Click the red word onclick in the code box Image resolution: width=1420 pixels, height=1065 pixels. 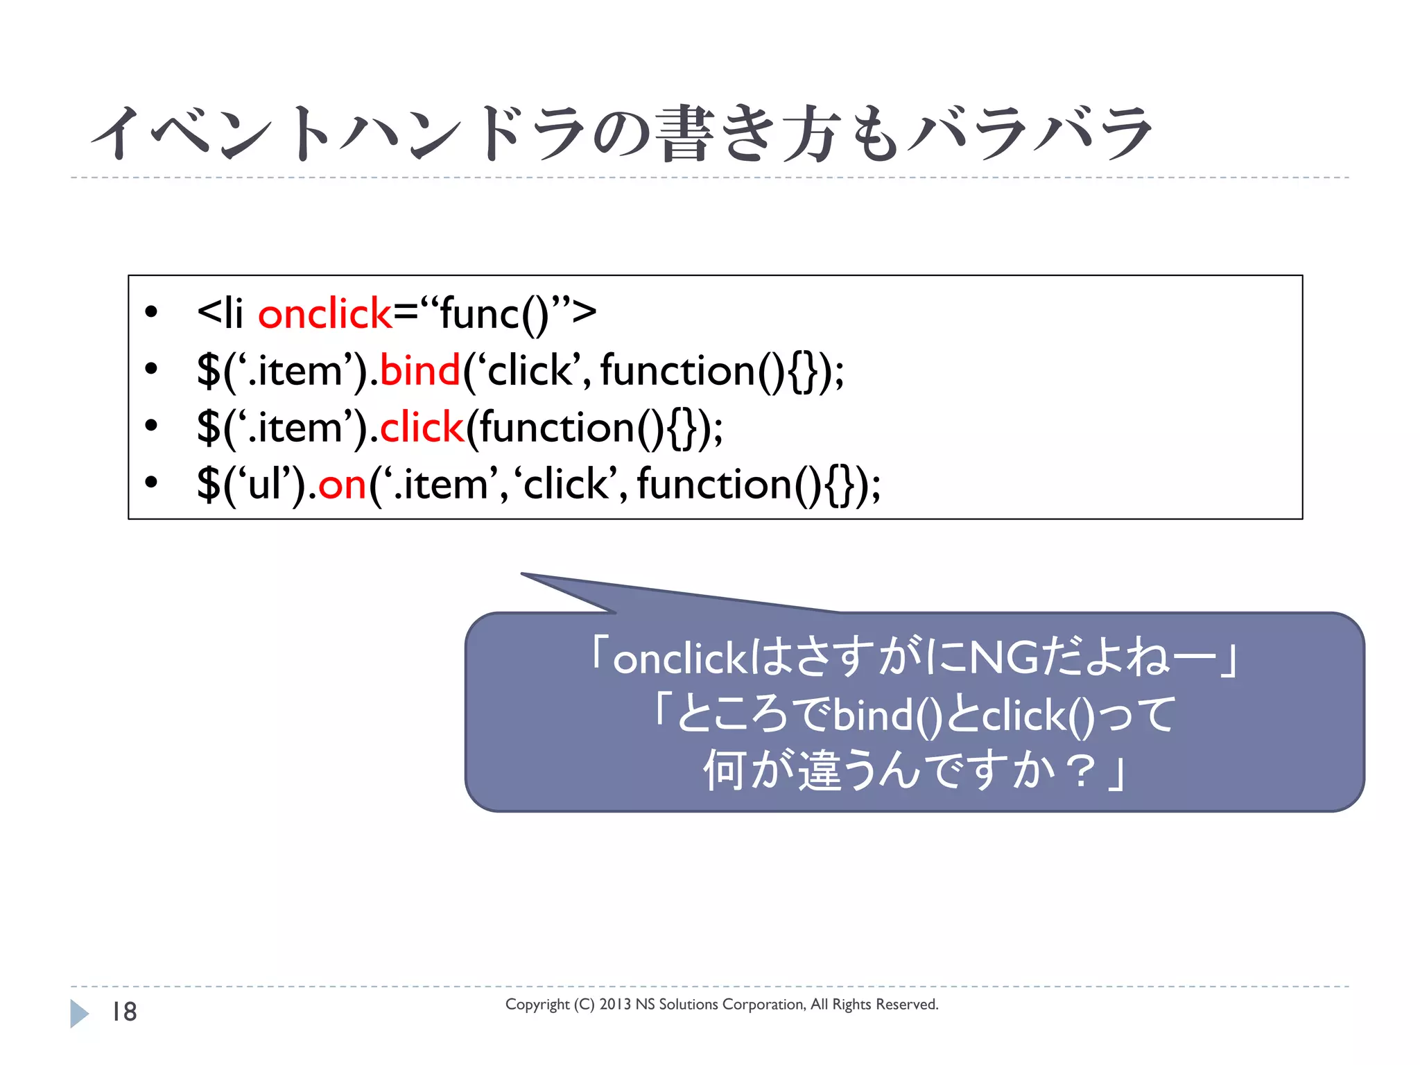[x=324, y=314]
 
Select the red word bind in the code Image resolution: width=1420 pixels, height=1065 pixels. [x=419, y=371]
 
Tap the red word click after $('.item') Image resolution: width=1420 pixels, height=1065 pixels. [x=421, y=428]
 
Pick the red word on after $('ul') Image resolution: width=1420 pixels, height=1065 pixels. [x=342, y=485]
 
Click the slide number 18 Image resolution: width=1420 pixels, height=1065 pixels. [x=125, y=1012]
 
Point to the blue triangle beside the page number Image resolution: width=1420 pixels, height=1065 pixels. [x=79, y=1013]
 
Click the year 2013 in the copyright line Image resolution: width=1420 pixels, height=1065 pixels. [x=615, y=1004]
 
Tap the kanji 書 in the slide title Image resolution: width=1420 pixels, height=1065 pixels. [x=684, y=134]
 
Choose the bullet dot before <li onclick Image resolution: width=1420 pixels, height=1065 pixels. [x=152, y=312]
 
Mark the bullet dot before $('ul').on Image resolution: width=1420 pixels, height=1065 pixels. [x=152, y=483]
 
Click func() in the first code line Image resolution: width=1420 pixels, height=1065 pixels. [x=494, y=314]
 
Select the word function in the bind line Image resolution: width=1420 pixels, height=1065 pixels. [x=677, y=371]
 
